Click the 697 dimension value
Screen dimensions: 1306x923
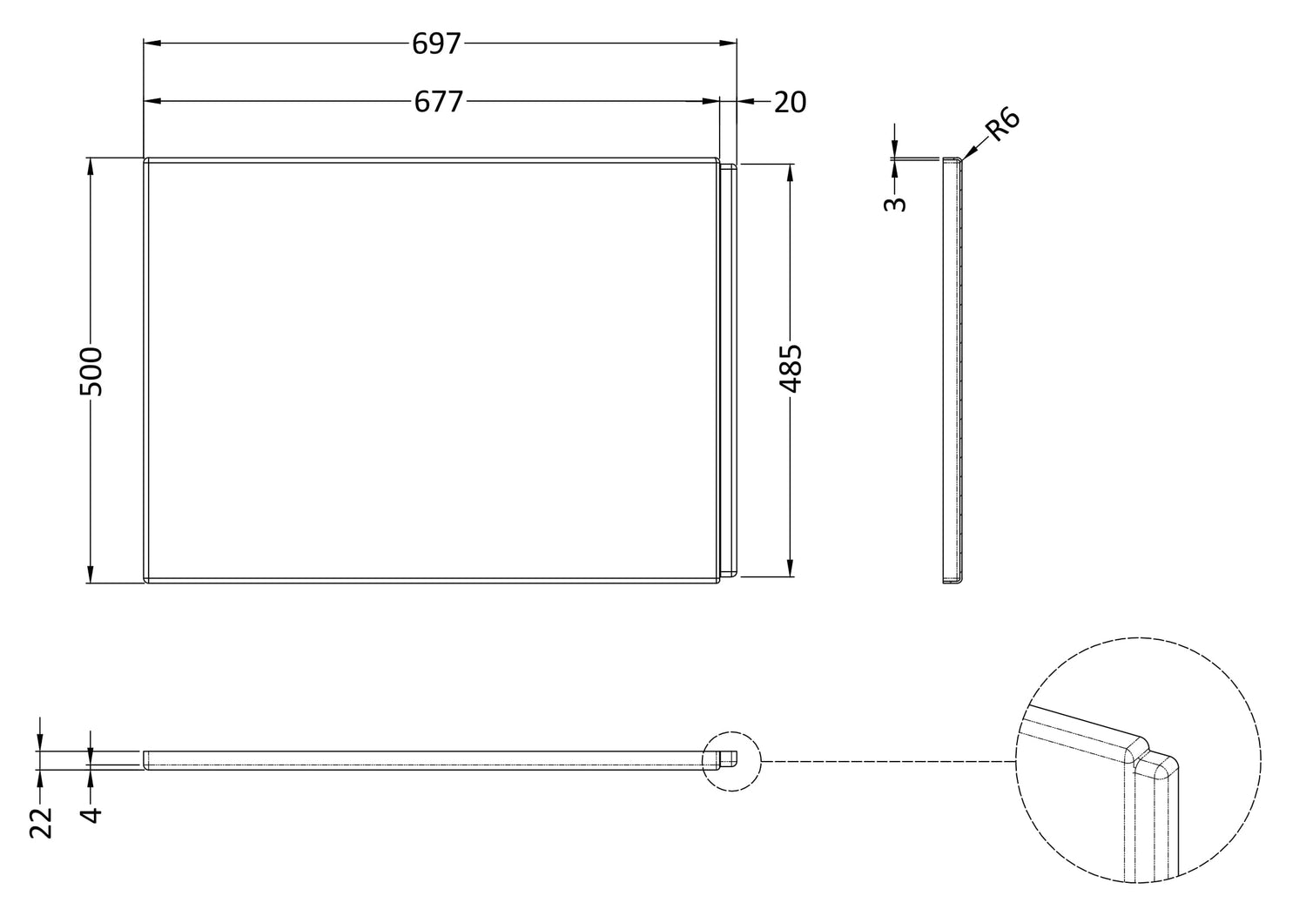436,44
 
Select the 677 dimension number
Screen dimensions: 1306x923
439,102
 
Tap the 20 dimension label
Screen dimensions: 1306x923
790,102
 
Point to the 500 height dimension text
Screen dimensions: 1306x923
91,372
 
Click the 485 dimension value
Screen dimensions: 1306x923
791,368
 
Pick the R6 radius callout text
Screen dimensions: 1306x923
1002,124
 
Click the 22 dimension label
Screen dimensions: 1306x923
41,823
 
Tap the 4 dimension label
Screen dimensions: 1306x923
91,814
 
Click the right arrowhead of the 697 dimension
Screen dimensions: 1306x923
728,44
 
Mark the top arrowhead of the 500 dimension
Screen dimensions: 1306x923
91,167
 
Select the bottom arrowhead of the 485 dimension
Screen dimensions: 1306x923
790,568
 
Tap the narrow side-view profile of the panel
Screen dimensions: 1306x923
953,371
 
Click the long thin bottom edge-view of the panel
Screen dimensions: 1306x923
441,760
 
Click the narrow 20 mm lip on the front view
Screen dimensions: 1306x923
729,370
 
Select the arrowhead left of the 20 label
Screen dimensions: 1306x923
745,102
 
